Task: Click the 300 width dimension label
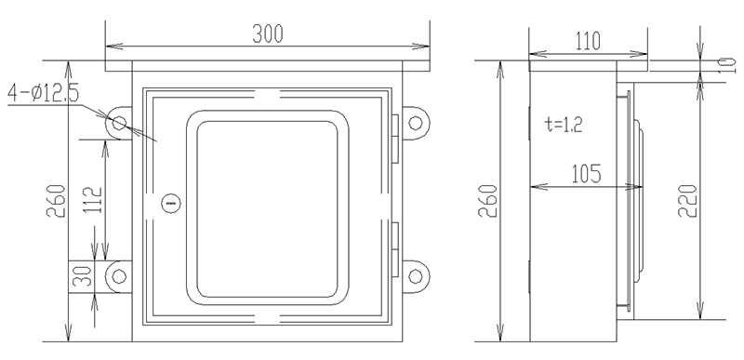tap(267, 33)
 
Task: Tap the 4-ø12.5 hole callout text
tap(43, 92)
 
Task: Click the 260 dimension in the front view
tap(56, 201)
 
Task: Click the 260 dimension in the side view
tap(487, 201)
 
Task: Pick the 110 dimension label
tap(588, 42)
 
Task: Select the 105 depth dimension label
tap(586, 174)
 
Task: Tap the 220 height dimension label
tap(687, 201)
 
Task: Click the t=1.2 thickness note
tap(564, 125)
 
